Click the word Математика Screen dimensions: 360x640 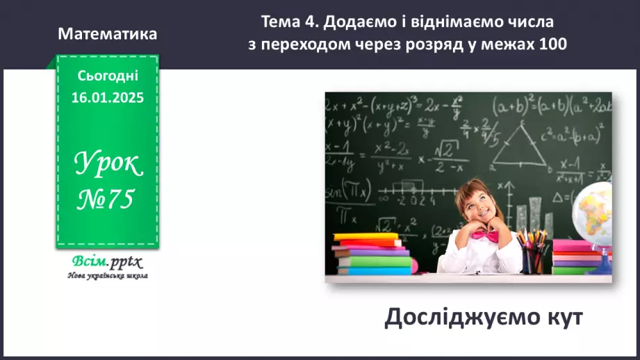108,33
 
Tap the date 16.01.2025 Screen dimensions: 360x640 107,98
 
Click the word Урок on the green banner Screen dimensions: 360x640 107,165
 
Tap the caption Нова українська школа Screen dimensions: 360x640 107,275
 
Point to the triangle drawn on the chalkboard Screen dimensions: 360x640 518,147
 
